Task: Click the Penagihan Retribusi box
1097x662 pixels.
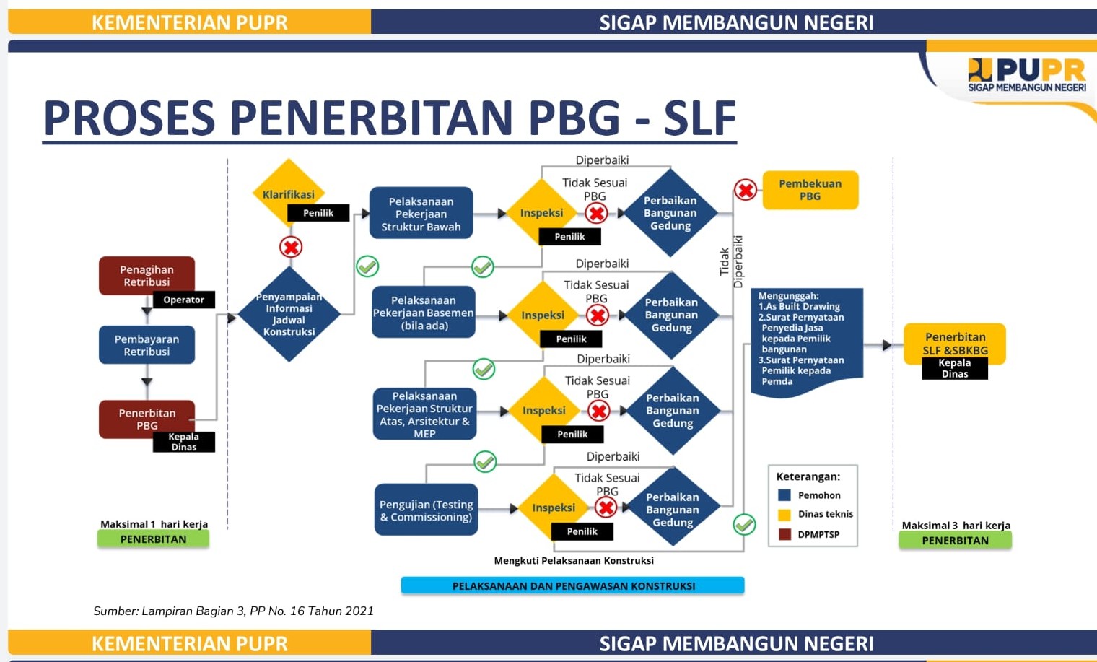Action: point(147,275)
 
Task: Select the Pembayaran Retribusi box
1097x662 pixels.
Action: point(147,345)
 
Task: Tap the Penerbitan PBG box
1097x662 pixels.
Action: point(147,419)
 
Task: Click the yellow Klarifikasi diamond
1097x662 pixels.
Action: point(289,193)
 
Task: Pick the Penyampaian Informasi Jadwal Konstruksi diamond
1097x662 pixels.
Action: point(289,314)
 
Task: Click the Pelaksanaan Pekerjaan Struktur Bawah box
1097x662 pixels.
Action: point(421,213)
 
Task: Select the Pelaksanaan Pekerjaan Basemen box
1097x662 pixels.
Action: point(423,312)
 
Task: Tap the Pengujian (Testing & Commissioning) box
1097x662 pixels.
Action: point(426,510)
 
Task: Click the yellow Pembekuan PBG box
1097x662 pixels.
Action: point(810,190)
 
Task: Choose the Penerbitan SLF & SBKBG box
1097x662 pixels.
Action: point(955,344)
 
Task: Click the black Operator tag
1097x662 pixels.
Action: point(183,300)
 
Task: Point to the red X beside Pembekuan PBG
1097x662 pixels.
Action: point(746,190)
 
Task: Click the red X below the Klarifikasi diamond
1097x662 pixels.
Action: point(291,247)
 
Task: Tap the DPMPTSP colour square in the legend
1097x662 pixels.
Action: point(784,534)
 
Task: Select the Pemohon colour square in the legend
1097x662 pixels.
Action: point(784,495)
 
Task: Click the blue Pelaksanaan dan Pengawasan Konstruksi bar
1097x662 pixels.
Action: point(572,585)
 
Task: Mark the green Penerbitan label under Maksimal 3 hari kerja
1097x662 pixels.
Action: point(955,541)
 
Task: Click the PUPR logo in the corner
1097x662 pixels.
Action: point(1027,75)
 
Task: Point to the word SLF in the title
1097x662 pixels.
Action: point(700,118)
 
